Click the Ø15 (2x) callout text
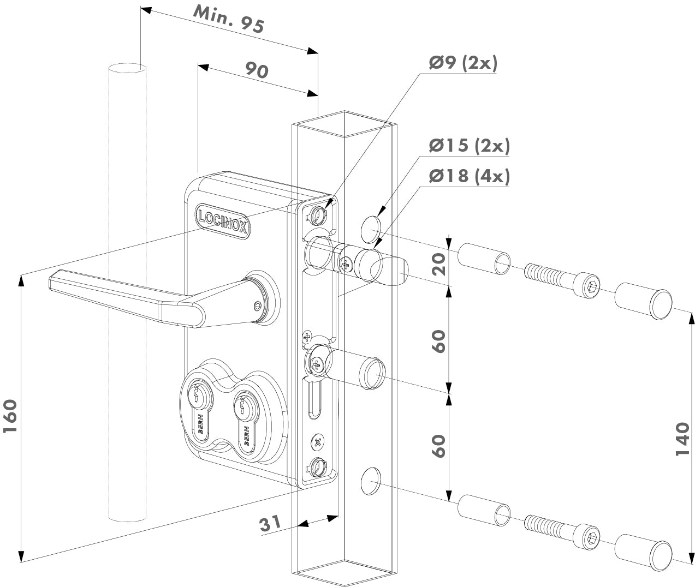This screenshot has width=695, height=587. coord(469,146)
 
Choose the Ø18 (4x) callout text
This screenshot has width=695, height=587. coord(469,176)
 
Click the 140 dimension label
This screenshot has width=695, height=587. coord(682,439)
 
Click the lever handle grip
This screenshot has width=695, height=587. coord(126,297)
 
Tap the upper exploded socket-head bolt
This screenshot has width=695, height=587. coord(563,278)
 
